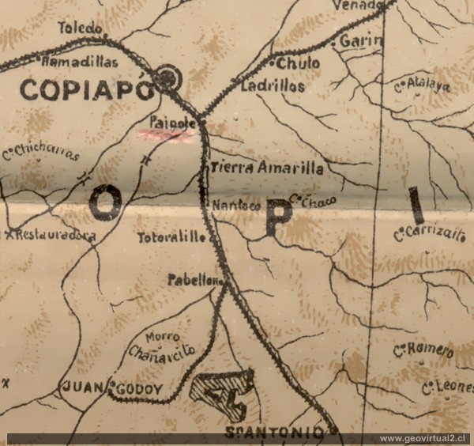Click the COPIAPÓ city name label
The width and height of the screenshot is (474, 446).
click(x=85, y=89)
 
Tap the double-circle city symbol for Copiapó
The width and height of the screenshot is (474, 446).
click(x=167, y=77)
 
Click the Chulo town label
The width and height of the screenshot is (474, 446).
click(x=299, y=62)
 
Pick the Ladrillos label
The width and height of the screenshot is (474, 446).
click(x=274, y=86)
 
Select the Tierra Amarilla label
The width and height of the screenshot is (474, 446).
click(x=268, y=168)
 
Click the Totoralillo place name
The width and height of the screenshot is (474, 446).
click(x=171, y=237)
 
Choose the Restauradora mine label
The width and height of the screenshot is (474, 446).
click(x=54, y=235)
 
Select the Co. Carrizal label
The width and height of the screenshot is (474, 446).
click(x=426, y=232)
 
